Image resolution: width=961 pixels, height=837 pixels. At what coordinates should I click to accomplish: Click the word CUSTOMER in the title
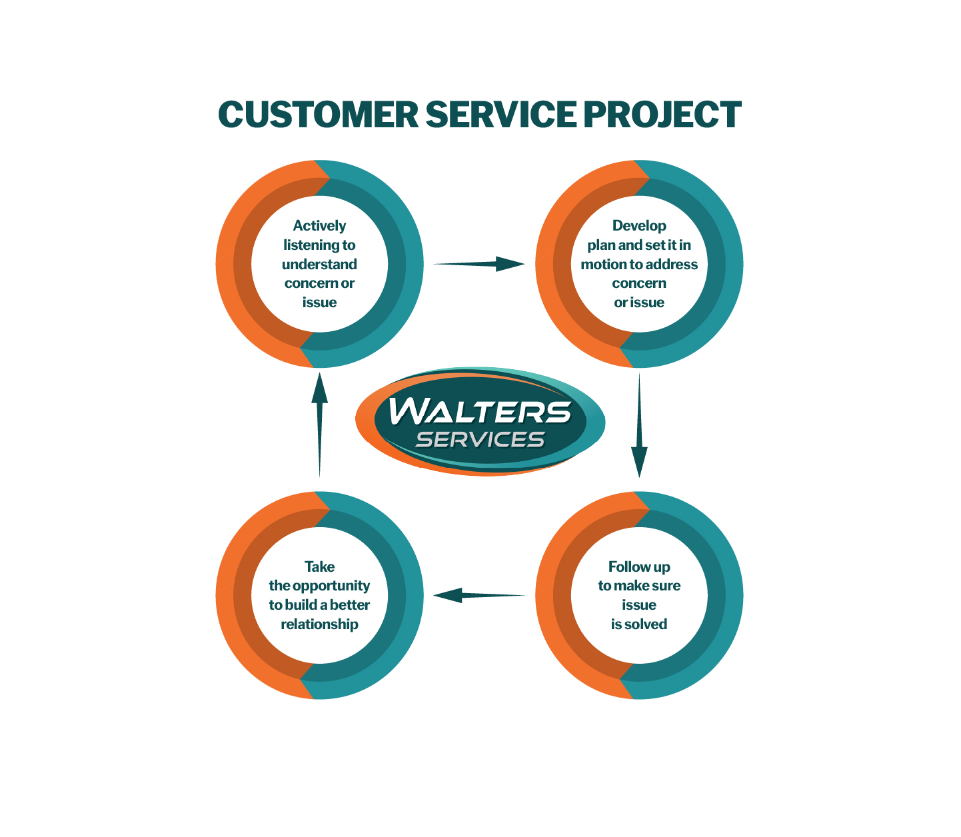pyautogui.click(x=318, y=115)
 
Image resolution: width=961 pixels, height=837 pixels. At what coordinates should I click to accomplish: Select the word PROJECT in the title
pyautogui.click(x=662, y=115)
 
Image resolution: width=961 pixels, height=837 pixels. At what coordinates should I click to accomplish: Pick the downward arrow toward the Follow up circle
pyautogui.click(x=639, y=426)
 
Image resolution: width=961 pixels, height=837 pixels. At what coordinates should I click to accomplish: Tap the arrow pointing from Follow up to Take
pyautogui.click(x=479, y=595)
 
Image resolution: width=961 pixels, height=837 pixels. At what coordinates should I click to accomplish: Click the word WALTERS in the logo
pyautogui.click(x=480, y=411)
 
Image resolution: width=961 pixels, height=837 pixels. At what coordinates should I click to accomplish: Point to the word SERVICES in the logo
pyautogui.click(x=480, y=440)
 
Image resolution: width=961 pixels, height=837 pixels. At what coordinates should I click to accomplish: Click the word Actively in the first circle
pyautogui.click(x=319, y=226)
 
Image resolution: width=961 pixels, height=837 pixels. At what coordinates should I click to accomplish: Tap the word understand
pyautogui.click(x=319, y=265)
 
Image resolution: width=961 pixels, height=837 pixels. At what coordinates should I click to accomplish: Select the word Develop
pyautogui.click(x=639, y=226)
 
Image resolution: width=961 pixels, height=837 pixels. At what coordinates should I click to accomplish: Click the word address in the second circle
pyautogui.click(x=672, y=265)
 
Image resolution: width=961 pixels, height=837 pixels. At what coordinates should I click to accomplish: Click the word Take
pyautogui.click(x=319, y=567)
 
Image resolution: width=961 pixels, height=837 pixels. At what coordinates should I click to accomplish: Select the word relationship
pyautogui.click(x=319, y=624)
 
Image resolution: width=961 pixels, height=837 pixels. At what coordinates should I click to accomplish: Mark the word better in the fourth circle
pyautogui.click(x=350, y=605)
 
